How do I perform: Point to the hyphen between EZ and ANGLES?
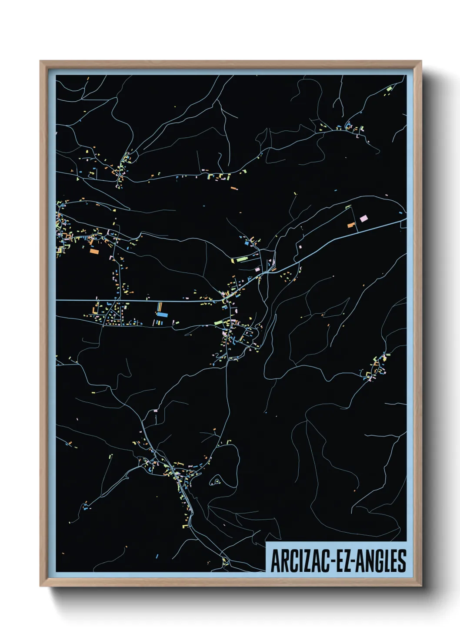click(354, 561)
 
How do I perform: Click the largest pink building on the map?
click(363, 219)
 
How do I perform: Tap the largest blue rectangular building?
click(162, 314)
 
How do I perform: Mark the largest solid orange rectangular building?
click(94, 251)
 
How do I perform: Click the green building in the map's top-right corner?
click(389, 89)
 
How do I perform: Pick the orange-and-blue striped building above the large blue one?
click(159, 306)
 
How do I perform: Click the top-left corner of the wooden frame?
click(40, 61)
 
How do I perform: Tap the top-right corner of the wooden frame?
click(421, 61)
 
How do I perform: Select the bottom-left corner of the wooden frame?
click(40, 586)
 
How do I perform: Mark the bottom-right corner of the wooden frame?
click(421, 586)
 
